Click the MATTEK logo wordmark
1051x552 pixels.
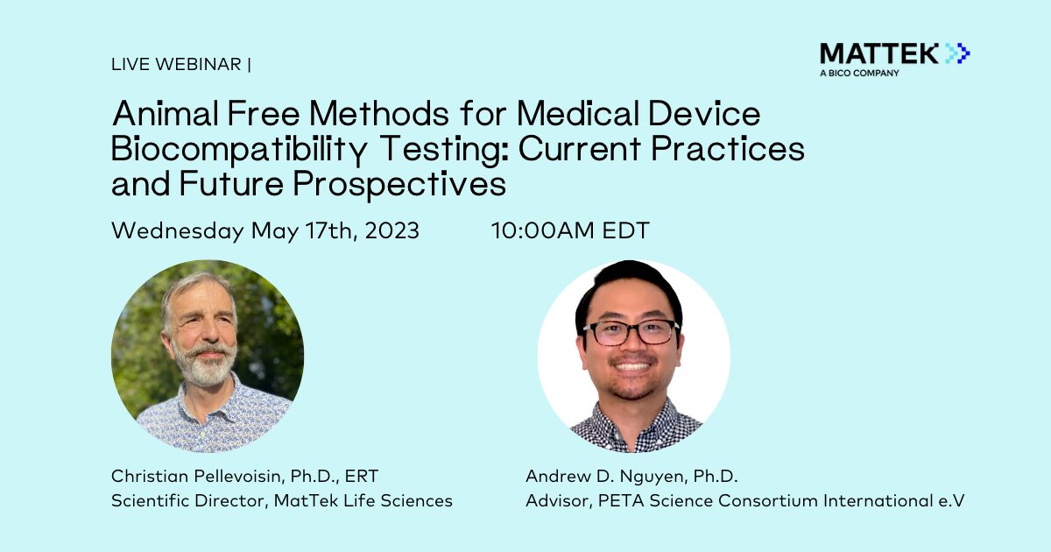click(879, 53)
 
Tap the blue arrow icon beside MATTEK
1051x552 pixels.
click(957, 53)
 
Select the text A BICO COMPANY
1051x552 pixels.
click(859, 74)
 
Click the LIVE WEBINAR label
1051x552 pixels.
click(176, 64)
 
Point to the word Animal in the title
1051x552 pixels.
click(166, 114)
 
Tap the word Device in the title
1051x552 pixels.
click(704, 114)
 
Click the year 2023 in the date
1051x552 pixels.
click(391, 230)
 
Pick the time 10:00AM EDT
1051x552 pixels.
click(570, 230)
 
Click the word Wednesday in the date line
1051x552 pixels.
click(178, 231)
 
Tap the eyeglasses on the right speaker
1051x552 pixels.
click(631, 332)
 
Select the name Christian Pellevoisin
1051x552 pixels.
click(197, 476)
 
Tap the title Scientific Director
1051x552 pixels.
click(188, 500)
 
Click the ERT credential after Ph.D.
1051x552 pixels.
click(361, 476)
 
